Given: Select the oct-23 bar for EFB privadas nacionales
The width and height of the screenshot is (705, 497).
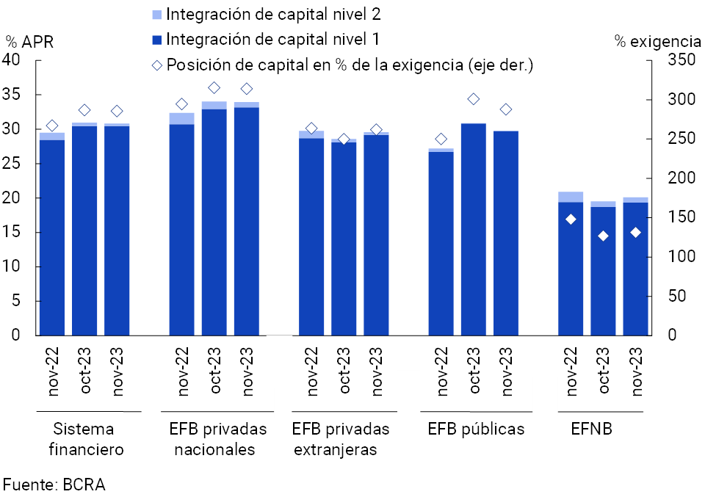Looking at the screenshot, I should (x=214, y=220).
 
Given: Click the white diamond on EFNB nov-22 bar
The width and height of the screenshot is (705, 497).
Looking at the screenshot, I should (x=571, y=220).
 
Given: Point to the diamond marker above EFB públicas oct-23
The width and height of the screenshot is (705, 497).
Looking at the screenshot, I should (x=474, y=99).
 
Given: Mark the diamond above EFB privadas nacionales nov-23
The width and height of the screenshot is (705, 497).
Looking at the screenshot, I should (x=247, y=89).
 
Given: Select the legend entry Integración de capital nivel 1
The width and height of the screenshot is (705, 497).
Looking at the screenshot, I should (x=272, y=39).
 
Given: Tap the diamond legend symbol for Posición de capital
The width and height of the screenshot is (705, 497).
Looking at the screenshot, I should (x=157, y=65).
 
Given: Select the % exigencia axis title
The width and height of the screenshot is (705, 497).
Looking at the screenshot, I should (x=658, y=41).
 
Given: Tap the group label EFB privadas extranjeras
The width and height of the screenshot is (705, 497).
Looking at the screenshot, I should (x=340, y=439).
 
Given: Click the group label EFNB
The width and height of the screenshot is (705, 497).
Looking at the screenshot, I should (x=591, y=429).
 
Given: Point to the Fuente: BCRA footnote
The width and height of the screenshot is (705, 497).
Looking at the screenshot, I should (x=54, y=485).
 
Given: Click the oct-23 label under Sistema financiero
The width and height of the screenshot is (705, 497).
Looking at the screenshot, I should (x=85, y=371).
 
